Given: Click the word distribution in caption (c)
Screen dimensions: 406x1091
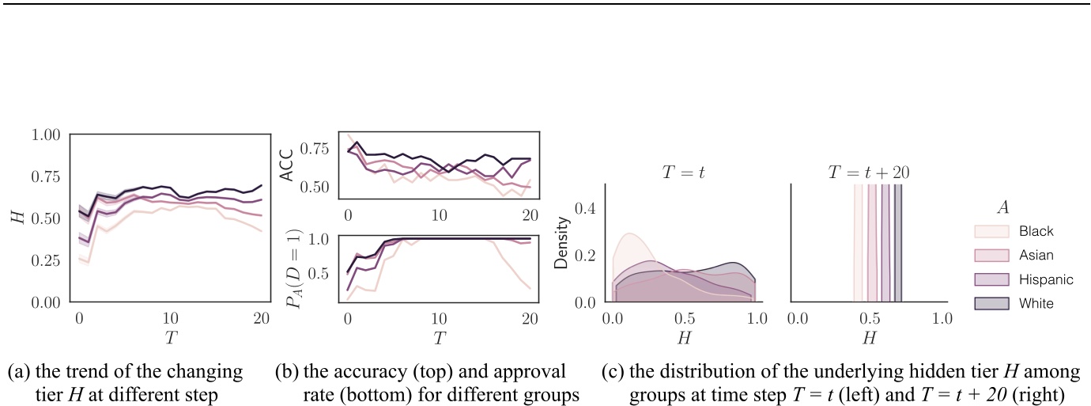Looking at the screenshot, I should tap(689, 372).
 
